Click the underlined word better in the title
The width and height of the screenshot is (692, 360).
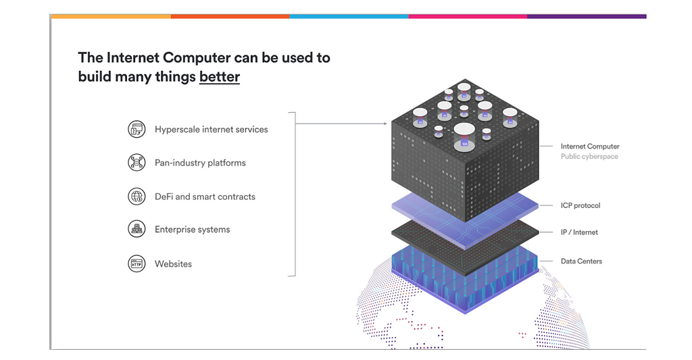tap(220, 77)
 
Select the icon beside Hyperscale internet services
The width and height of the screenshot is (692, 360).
tap(137, 129)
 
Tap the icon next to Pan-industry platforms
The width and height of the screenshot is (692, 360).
tap(137, 163)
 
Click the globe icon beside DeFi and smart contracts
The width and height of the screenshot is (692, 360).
tap(137, 197)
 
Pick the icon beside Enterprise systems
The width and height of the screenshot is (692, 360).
tap(137, 230)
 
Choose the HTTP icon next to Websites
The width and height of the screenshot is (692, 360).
tap(137, 263)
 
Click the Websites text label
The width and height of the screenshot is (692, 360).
tap(173, 264)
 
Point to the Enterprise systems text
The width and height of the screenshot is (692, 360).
tap(192, 230)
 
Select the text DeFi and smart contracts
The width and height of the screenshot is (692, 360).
tap(205, 197)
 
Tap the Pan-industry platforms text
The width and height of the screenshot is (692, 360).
tap(200, 163)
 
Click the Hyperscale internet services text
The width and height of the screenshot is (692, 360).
tap(211, 129)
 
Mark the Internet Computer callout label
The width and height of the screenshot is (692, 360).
tap(589, 146)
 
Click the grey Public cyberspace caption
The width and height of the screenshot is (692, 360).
tap(589, 157)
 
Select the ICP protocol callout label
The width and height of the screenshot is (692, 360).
tap(580, 205)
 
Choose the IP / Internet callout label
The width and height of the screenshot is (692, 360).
tap(579, 232)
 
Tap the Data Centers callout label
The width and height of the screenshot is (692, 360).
tap(580, 261)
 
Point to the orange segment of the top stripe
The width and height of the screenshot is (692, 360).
tap(230, 16)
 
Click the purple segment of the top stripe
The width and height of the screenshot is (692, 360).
tap(586, 16)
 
